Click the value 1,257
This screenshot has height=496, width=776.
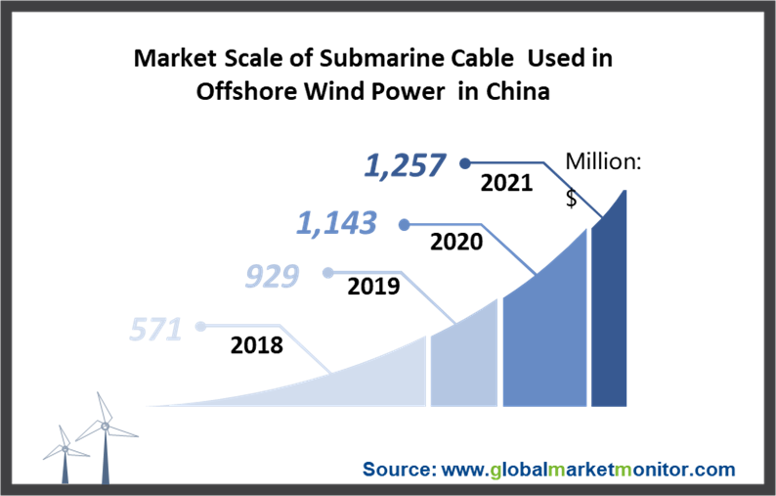tap(406, 165)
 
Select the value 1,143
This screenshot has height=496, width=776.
tap(337, 224)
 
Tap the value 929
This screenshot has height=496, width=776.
tap(272, 277)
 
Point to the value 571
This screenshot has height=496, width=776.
tap(156, 330)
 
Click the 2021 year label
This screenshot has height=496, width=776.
tap(505, 183)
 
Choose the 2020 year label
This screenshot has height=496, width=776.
tap(456, 241)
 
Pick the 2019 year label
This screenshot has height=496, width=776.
tap(373, 287)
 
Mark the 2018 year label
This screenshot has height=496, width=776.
tap(257, 344)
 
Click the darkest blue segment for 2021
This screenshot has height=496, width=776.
tap(609, 313)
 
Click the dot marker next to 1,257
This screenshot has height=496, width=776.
tap(465, 163)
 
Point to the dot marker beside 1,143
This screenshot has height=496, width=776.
tap(404, 224)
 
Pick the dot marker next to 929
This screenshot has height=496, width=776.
tap(329, 273)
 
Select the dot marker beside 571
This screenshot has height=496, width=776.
tap(200, 327)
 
